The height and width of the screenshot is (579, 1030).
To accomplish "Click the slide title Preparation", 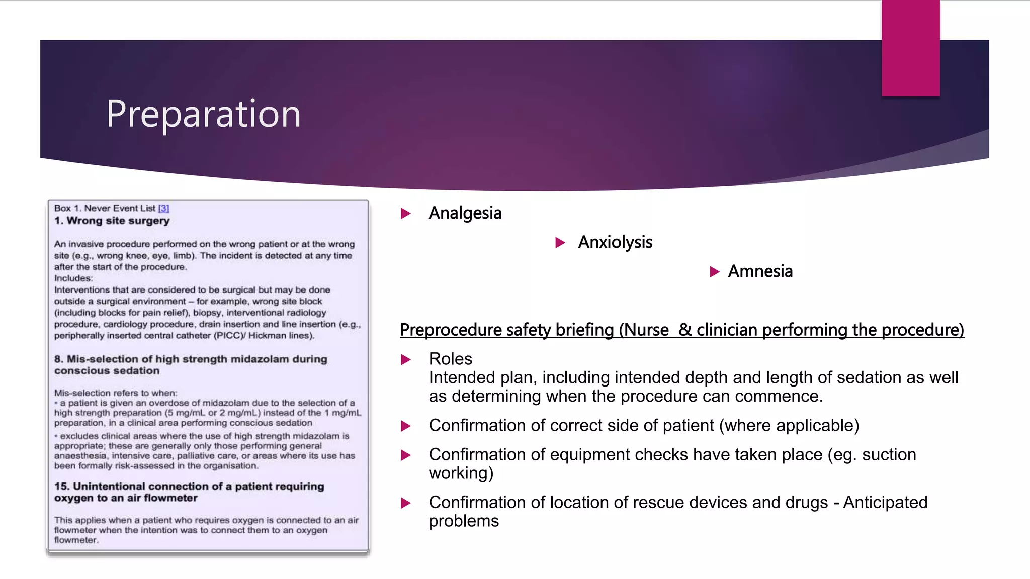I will [x=203, y=114].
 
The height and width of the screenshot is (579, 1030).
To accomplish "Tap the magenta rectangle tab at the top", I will [x=910, y=48].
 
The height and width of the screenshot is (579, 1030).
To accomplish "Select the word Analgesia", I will [x=465, y=213].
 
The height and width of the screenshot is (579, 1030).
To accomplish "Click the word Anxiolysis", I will [x=615, y=242].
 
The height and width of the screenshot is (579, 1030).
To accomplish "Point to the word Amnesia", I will [x=760, y=271].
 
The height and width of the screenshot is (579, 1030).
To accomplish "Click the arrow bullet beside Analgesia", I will [x=405, y=214].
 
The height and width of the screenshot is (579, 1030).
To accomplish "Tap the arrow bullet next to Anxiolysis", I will [x=560, y=243].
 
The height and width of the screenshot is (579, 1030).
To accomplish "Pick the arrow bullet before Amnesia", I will [x=714, y=272].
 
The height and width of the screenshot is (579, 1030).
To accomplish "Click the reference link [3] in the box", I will [x=163, y=208].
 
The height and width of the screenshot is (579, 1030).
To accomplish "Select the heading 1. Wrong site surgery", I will [x=112, y=221].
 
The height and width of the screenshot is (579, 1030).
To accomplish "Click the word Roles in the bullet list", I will [x=450, y=359].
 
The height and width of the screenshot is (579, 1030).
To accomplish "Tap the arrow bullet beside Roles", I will [x=405, y=359].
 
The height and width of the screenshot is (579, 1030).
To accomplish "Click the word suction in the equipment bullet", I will [x=889, y=454].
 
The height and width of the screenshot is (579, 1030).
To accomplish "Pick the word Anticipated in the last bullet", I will [x=885, y=502].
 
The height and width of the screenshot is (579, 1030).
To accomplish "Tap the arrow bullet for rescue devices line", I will [x=405, y=503].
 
